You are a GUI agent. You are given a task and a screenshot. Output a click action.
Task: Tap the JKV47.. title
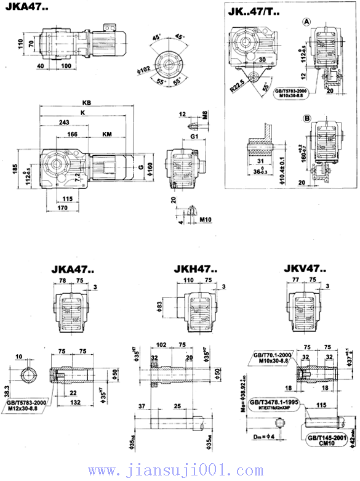(x=303, y=269)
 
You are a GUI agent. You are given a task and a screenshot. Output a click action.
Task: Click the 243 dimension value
(x=64, y=123)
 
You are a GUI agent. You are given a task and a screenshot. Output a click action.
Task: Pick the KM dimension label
(x=106, y=133)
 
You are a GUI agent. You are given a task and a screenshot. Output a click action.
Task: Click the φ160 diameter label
(x=151, y=168)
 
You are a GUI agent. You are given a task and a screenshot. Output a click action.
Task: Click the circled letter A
(x=306, y=22)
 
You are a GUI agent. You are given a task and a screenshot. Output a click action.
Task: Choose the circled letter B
(x=306, y=117)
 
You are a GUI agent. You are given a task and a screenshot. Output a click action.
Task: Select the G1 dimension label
(x=194, y=135)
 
